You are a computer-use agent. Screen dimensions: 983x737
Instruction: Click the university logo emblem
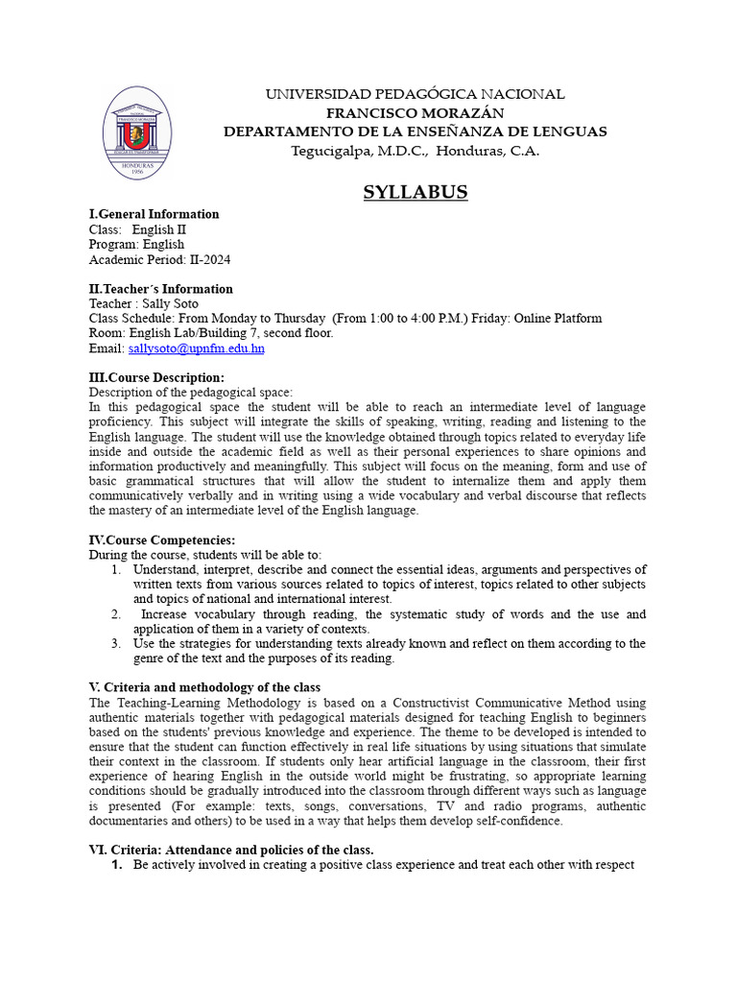[x=137, y=132]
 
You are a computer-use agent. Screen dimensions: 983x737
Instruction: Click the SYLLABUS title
[x=415, y=192]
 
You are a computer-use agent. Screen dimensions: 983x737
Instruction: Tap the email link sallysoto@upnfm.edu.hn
[x=196, y=348]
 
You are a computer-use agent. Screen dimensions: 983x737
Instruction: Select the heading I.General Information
[x=154, y=214]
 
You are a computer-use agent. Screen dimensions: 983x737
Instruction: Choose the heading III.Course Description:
[x=156, y=377]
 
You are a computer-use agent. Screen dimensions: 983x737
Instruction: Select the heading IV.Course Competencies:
[x=161, y=540]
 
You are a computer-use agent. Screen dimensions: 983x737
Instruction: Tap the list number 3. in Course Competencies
[x=115, y=643]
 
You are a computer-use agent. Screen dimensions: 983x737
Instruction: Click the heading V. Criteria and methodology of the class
[x=204, y=687]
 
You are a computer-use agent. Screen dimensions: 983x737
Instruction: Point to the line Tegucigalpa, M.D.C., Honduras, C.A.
[x=415, y=151]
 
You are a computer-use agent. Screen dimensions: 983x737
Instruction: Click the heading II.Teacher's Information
[x=160, y=289]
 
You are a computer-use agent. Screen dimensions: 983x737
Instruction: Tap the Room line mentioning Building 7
[x=211, y=333]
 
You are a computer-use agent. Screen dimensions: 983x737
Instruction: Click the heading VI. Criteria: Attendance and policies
[x=230, y=850]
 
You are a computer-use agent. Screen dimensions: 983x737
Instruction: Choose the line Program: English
[x=136, y=244]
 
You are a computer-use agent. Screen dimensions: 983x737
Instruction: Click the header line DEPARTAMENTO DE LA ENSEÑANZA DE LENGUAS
[x=415, y=132]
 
